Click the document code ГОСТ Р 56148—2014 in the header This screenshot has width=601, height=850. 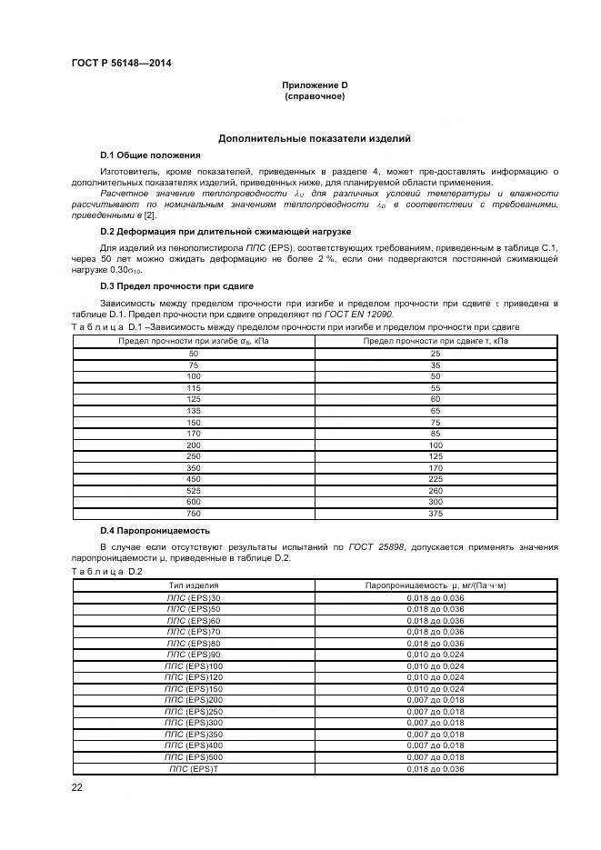pyautogui.click(x=121, y=63)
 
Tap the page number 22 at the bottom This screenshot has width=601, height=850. pyautogui.click(x=77, y=787)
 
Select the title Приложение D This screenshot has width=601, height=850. pyautogui.click(x=315, y=85)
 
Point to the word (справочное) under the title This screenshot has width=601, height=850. pyautogui.click(x=315, y=95)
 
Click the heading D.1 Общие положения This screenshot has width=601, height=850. pyautogui.click(x=150, y=155)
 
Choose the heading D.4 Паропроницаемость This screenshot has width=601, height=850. pyautogui.click(x=155, y=530)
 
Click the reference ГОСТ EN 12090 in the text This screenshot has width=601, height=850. pyautogui.click(x=368, y=314)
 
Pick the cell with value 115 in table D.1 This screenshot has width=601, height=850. pyautogui.click(x=193, y=387)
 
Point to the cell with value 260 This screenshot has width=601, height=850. pyautogui.click(x=436, y=489)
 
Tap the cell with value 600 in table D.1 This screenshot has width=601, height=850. pyautogui.click(x=193, y=500)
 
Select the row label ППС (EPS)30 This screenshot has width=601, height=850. pyautogui.click(x=193, y=598)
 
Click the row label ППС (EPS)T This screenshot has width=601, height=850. pyautogui.click(x=193, y=768)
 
